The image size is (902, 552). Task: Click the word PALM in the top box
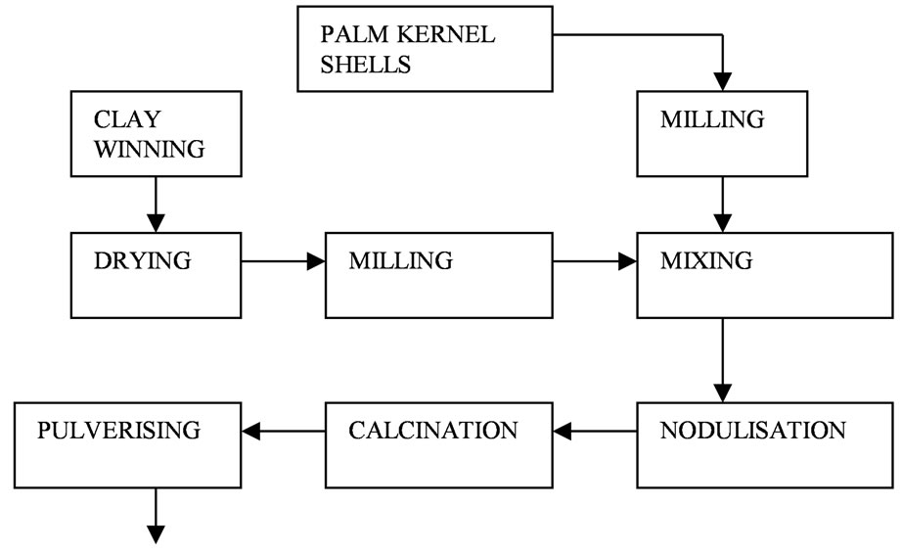click(354, 34)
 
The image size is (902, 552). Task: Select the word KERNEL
click(446, 34)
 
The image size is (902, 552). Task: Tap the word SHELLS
click(365, 65)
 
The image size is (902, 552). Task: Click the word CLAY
click(127, 119)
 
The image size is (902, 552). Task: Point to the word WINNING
click(150, 149)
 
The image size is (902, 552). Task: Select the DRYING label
click(143, 260)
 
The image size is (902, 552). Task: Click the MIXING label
click(706, 260)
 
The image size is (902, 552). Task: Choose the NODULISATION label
click(753, 431)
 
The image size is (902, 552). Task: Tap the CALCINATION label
click(433, 431)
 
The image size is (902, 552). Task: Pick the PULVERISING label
click(119, 431)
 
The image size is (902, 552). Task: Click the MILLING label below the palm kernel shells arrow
click(712, 119)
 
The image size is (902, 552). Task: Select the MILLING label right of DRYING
click(400, 260)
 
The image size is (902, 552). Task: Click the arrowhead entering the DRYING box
click(156, 223)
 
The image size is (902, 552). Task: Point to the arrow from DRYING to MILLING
click(283, 261)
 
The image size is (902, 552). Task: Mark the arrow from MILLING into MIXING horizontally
click(595, 261)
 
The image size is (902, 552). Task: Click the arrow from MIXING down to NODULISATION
click(723, 360)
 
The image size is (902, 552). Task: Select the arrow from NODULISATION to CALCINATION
click(595, 431)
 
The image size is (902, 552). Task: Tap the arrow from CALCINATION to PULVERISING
click(283, 431)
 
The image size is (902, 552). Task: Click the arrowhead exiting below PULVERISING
click(156, 534)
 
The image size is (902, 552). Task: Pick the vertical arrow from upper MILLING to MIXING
click(723, 205)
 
